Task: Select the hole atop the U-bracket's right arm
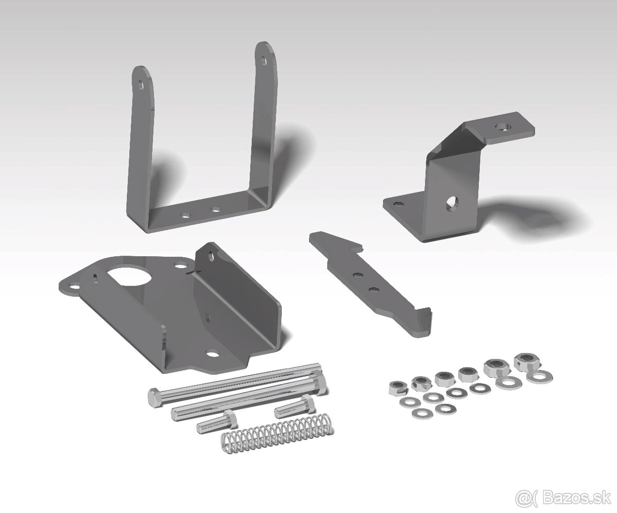tap(264, 60)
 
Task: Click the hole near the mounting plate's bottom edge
tap(211, 354)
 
